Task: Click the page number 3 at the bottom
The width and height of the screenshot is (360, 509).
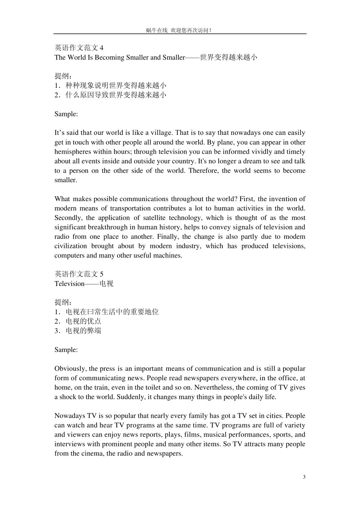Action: (x=304, y=477)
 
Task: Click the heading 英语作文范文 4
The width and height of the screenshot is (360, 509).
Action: (x=79, y=48)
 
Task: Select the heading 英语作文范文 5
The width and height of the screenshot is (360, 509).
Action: (x=79, y=274)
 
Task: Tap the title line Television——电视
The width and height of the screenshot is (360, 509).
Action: (x=84, y=284)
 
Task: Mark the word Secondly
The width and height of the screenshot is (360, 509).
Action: (x=68, y=218)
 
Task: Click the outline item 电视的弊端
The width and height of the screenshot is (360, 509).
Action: (x=83, y=331)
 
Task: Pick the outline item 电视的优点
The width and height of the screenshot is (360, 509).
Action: (x=83, y=322)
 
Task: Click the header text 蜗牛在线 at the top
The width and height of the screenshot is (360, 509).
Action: (x=157, y=30)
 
